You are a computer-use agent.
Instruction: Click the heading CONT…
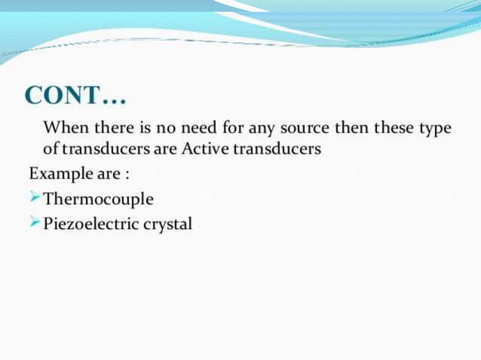(75, 96)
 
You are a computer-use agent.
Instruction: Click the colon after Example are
(127, 175)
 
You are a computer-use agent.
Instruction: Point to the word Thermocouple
(99, 200)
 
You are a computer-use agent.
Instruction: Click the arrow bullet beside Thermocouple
(35, 199)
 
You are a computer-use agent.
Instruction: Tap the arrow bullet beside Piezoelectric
(35, 224)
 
